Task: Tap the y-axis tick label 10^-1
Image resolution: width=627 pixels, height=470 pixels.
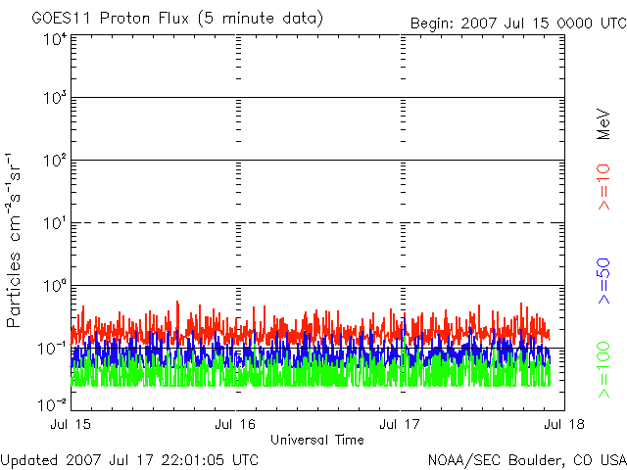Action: (53, 350)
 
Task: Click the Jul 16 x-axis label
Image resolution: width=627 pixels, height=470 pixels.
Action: (236, 424)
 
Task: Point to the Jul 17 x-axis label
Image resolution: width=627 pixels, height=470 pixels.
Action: (401, 424)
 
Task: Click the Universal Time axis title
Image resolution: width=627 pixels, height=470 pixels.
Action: (317, 440)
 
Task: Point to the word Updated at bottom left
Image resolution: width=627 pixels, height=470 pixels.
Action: (28, 458)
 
